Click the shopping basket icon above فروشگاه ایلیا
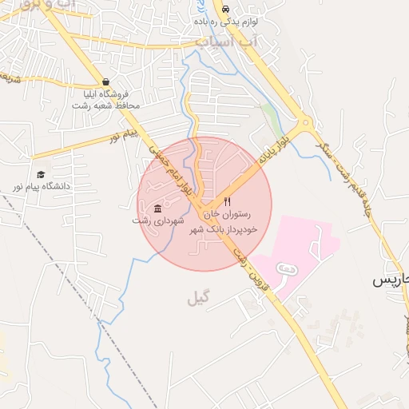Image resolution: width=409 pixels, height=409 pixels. [x=106, y=81]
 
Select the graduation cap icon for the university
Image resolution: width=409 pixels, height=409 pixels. [x=40, y=174]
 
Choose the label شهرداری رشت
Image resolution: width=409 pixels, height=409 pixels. [x=158, y=220]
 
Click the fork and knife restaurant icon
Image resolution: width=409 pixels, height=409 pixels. [x=227, y=202]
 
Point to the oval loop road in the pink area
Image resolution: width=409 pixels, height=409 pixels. [x=286, y=271]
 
